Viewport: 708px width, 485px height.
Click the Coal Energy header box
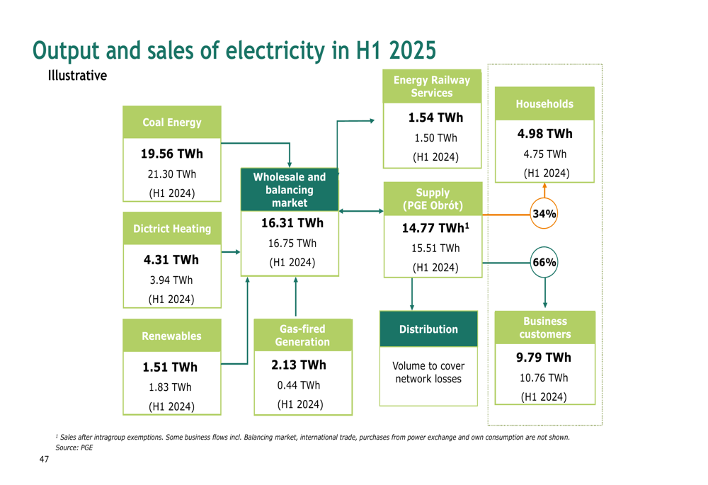click(172, 122)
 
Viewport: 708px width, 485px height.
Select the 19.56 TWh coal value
click(172, 154)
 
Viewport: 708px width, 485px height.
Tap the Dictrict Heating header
click(172, 229)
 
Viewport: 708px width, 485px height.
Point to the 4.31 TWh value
click(172, 260)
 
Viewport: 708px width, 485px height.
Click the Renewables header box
click(172, 336)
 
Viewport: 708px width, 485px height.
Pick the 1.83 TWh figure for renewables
click(170, 387)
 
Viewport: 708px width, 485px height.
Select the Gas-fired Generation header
click(302, 336)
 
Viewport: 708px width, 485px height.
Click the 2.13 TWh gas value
click(299, 365)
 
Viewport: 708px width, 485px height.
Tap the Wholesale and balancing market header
click(290, 190)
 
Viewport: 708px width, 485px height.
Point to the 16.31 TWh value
click(292, 223)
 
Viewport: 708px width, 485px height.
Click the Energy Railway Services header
click(431, 86)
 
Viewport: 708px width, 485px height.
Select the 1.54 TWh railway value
click(435, 118)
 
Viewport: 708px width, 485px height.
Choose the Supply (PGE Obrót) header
click(433, 199)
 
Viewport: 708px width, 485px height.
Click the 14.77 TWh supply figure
click(435, 229)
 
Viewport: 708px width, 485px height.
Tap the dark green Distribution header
click(428, 329)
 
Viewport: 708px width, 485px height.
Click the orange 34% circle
click(544, 214)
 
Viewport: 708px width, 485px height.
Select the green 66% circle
click(544, 263)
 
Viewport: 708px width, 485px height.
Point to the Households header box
click(544, 104)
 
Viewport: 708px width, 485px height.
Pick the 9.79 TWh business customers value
click(544, 358)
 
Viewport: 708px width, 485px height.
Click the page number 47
click(44, 460)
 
